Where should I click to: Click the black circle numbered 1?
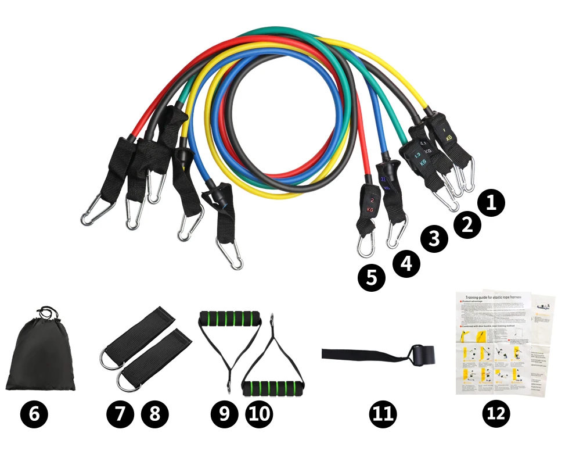click(x=491, y=203)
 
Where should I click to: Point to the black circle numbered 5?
click(x=371, y=278)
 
